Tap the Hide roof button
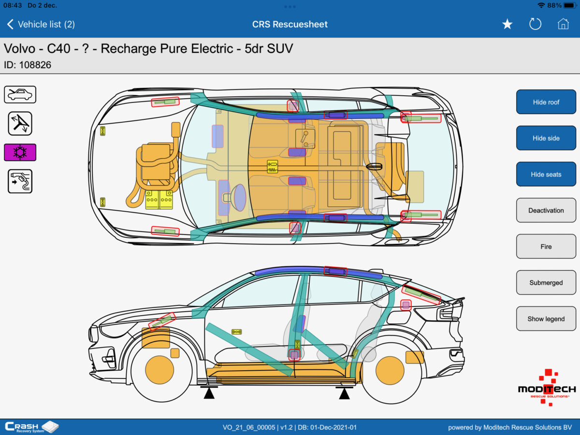(546, 102)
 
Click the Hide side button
(546, 138)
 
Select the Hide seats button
(546, 174)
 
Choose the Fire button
(546, 246)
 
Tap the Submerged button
(546, 283)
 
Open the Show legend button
(546, 319)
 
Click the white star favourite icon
(507, 24)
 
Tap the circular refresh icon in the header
(535, 24)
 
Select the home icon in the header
(563, 24)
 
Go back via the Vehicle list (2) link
(41, 24)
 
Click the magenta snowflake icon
(20, 152)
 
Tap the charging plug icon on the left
(20, 181)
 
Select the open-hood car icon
(20, 94)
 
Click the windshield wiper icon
(20, 123)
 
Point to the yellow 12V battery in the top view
(159, 199)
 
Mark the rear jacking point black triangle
(344, 393)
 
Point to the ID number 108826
(35, 65)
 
